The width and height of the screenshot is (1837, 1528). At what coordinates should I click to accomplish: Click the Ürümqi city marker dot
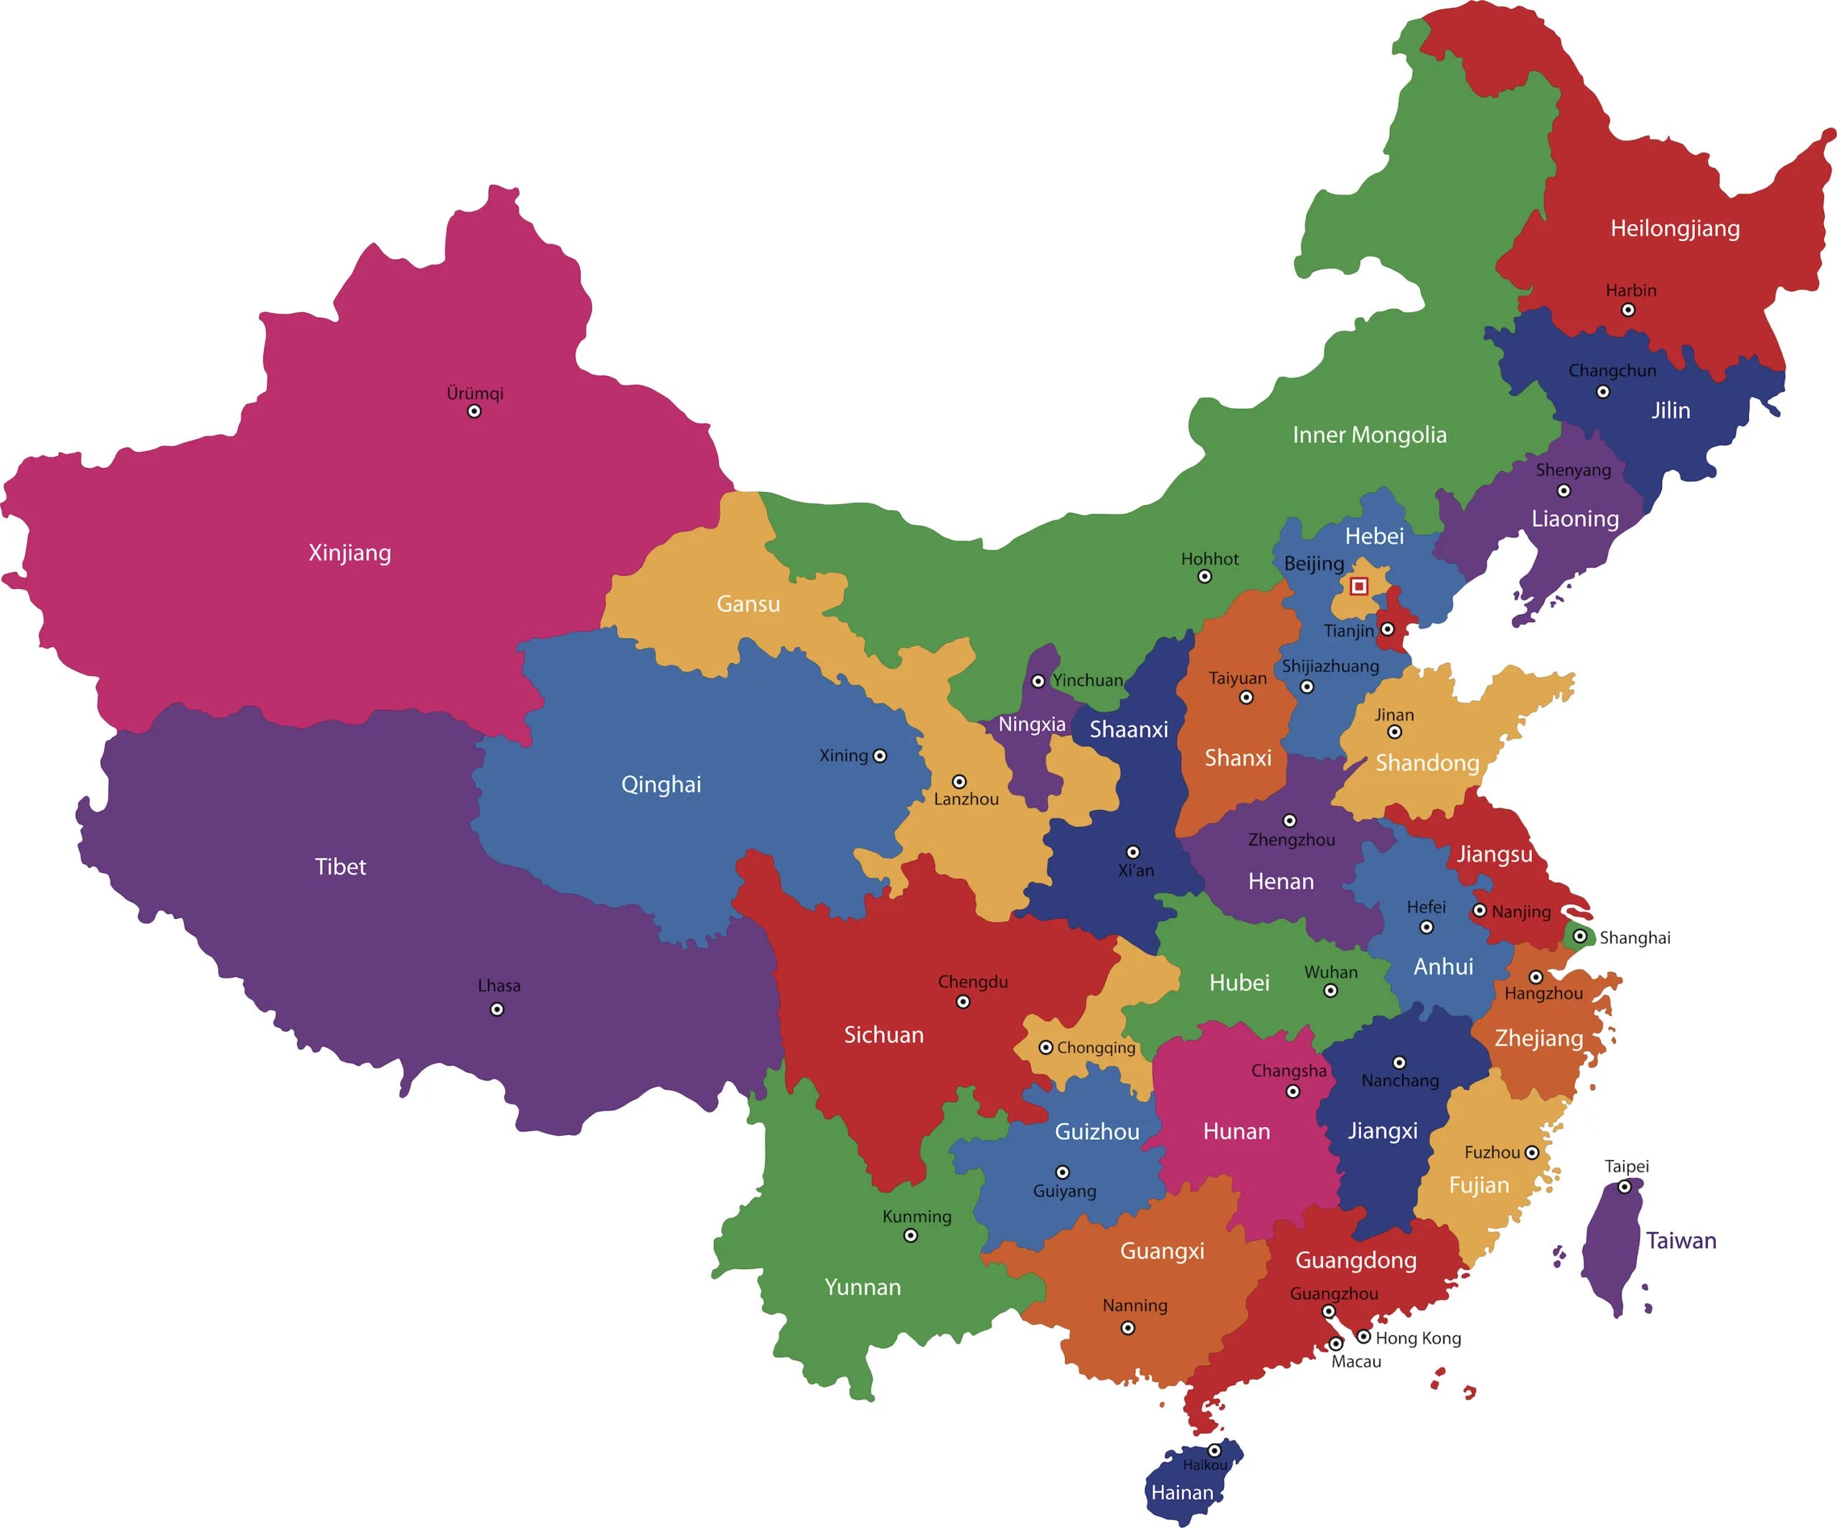474,411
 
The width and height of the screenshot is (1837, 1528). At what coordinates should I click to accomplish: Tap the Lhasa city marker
497,1009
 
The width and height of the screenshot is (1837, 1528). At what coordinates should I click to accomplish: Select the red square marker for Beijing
1358,586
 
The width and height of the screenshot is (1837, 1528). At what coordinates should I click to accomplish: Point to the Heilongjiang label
1674,228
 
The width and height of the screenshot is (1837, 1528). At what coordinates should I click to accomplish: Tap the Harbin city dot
1628,310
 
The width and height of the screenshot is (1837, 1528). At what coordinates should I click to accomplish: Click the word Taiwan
1681,1240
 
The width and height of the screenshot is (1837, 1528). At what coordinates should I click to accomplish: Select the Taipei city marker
1625,1187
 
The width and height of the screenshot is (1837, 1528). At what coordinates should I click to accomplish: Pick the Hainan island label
1182,1492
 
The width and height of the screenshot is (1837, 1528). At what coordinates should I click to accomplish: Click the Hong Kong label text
1418,1338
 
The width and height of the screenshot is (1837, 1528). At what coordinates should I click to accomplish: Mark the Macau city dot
1335,1344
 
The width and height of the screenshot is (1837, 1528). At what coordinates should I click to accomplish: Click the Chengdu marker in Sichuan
963,1002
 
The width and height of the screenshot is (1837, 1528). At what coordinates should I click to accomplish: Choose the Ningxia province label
1031,725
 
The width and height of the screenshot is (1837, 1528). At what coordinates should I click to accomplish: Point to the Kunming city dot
911,1236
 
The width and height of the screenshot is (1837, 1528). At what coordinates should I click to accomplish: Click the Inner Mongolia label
1369,435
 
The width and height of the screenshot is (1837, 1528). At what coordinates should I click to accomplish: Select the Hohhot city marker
1205,576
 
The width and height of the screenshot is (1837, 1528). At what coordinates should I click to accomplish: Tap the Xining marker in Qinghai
880,755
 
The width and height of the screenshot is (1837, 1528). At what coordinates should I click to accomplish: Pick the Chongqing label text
1095,1048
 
